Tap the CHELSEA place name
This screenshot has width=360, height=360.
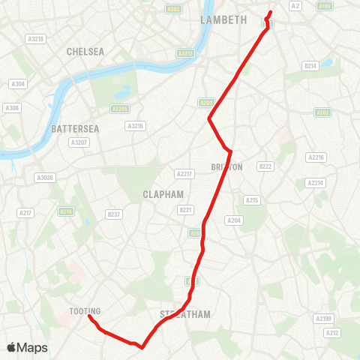pos(85,52)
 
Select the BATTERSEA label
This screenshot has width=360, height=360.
pos(71,129)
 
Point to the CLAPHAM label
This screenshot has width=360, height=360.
pos(163,194)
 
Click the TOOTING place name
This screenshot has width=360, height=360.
pos(85,310)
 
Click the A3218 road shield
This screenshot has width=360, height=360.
pos(35,39)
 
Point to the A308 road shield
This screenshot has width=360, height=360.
pos(12,108)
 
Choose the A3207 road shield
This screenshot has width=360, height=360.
pos(78,142)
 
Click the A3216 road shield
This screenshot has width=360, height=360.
pos(135,126)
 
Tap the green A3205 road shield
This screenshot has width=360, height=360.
pos(119,109)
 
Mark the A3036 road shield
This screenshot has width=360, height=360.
pos(45,178)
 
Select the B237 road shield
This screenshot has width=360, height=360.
pos(114,214)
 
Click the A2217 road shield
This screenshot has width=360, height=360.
pos(184,173)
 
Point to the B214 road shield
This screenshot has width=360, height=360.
pos(310,66)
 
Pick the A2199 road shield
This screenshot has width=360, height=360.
pos(322,319)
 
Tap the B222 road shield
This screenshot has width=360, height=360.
pos(265,166)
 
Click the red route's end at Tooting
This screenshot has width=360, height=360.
pos(89,317)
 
